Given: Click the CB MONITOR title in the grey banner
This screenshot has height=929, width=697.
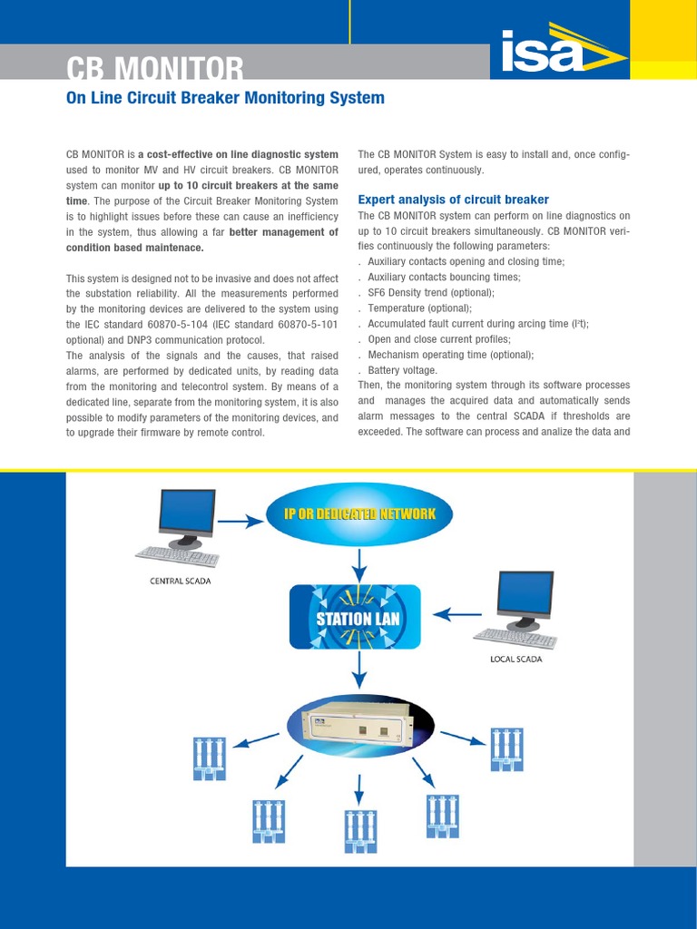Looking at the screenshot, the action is [x=154, y=68].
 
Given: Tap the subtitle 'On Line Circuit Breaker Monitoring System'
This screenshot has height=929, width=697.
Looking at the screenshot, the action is [x=226, y=97].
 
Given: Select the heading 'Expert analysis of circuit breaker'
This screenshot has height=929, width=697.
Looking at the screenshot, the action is [x=453, y=200].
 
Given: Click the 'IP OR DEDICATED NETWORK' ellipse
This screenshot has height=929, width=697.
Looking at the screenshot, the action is [x=361, y=513].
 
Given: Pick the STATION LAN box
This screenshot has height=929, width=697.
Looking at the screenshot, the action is [x=356, y=617].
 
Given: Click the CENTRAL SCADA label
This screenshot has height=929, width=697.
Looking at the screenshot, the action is [x=180, y=581].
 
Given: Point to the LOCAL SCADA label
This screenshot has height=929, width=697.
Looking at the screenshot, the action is [x=515, y=660].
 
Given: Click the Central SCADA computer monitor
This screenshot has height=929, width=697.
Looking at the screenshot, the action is [x=186, y=514].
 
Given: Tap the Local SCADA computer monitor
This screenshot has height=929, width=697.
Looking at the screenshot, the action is [x=525, y=595].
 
